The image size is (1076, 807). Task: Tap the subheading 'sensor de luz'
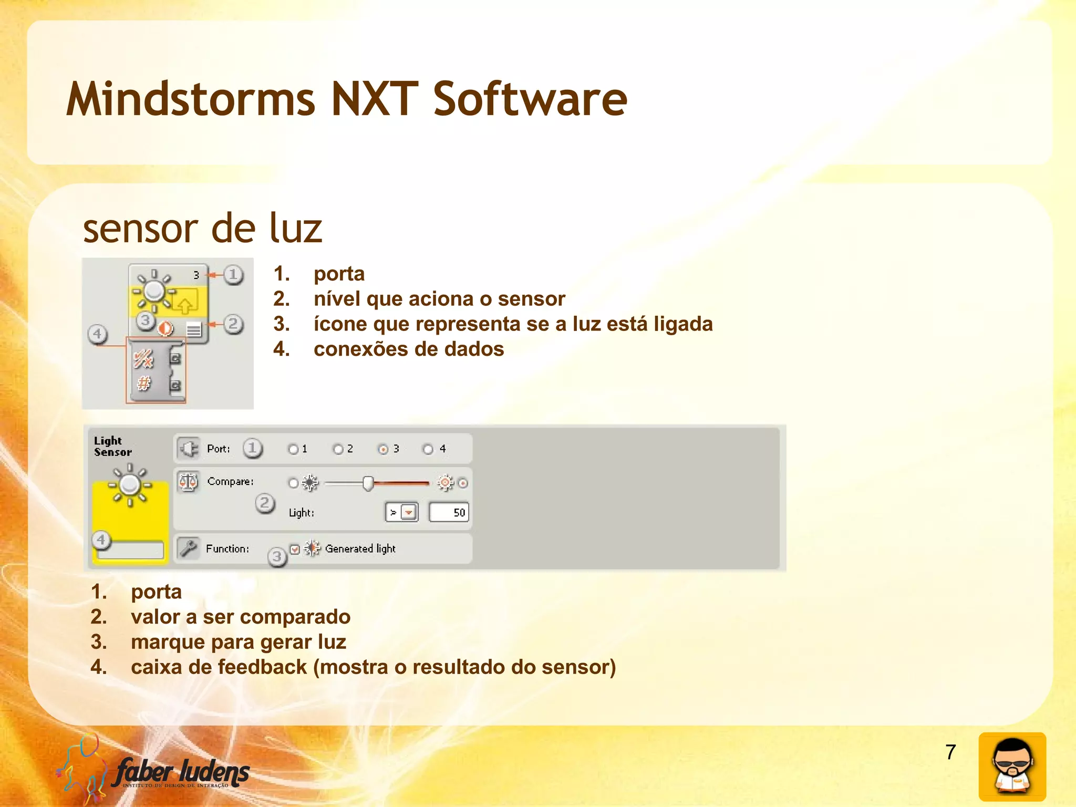coord(202,229)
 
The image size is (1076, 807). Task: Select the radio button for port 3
coord(383,449)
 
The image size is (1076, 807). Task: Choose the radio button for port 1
coord(293,449)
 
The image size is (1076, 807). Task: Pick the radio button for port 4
coord(428,449)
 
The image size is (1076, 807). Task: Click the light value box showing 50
coord(449,512)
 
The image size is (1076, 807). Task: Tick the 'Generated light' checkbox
coord(295,549)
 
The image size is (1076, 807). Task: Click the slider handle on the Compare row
coord(368,483)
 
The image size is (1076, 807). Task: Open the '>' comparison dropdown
coord(409,512)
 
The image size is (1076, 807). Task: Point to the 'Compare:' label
coord(230,481)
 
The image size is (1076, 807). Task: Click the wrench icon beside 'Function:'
coord(188,548)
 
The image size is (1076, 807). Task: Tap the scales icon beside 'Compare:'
coord(188,481)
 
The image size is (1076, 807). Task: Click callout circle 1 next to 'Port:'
coord(253,448)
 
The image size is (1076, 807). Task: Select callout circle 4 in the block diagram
coord(97,334)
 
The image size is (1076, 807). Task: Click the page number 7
coord(950,752)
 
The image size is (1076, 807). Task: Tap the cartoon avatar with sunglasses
coord(1012,767)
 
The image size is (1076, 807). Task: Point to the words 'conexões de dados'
coord(408,349)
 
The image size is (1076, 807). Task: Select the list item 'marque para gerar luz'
coord(238,642)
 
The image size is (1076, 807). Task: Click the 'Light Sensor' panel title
coord(112,447)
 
